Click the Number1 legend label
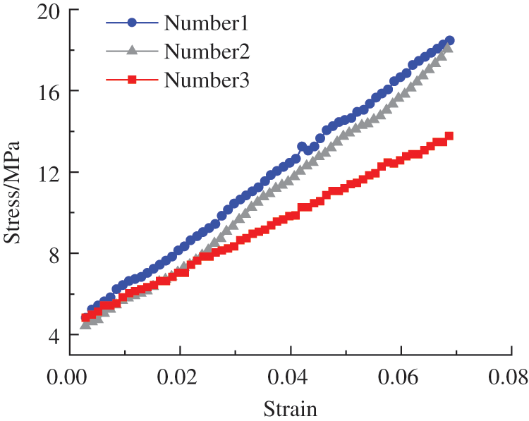click(x=207, y=23)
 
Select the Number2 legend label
click(x=207, y=51)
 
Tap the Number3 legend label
click(x=207, y=80)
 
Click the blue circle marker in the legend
click(x=132, y=23)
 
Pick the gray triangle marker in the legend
click(x=132, y=51)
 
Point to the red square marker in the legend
click(x=132, y=80)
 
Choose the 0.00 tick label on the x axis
click(x=69, y=373)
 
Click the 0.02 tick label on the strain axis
click(x=180, y=373)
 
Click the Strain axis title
click(x=290, y=408)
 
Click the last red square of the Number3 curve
click(x=449, y=136)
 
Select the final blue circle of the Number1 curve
click(x=449, y=41)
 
